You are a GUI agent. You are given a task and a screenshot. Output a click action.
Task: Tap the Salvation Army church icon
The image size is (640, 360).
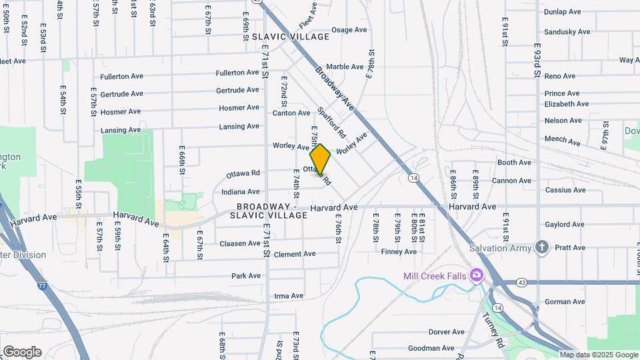point(541,248)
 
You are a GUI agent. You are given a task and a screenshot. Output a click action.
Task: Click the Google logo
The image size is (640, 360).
point(22,352)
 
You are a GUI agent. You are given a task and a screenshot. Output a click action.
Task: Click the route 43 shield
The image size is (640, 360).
point(521,283)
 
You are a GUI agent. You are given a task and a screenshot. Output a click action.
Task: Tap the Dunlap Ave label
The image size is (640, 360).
point(563,12)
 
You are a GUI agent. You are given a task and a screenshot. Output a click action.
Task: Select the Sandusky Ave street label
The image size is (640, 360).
point(567,31)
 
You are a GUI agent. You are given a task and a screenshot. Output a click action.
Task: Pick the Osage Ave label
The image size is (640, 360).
point(349,30)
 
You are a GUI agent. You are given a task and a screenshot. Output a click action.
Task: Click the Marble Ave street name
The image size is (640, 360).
point(345,67)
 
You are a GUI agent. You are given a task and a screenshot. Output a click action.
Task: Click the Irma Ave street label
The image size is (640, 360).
point(289,296)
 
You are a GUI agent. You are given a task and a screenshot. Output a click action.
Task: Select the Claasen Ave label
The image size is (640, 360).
point(240,243)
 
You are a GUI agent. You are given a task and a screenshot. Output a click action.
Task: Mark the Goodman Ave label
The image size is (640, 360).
point(431,348)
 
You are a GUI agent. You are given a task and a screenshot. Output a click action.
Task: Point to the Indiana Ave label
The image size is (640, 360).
point(240,192)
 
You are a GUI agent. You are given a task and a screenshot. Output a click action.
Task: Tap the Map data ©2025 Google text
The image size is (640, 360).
point(599,355)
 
